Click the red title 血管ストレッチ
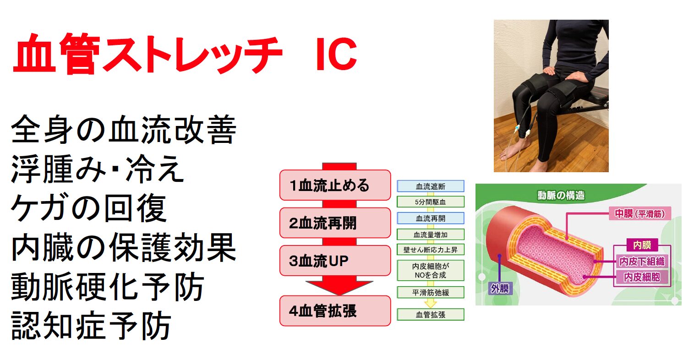point(147,54)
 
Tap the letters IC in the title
point(336,54)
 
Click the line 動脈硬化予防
point(107,287)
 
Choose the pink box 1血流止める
point(335,185)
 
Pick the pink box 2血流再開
point(335,223)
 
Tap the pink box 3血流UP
point(335,261)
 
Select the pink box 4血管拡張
point(335,311)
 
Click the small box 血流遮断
point(430,186)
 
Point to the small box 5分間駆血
point(430,202)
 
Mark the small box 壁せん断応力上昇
point(430,250)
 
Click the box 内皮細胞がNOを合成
point(430,271)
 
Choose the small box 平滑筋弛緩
point(430,292)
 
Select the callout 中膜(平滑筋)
point(639,214)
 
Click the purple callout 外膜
point(500,289)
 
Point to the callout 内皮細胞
point(642,277)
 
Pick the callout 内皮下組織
point(642,262)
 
